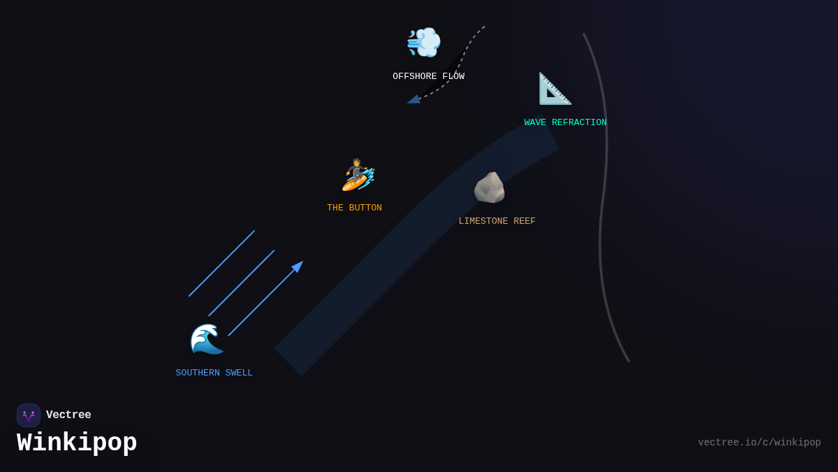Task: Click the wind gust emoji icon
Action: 424,42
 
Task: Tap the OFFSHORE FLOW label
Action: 428,77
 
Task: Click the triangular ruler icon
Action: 554,89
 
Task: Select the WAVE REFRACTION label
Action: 565,123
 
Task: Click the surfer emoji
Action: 358,175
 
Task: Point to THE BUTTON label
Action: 354,208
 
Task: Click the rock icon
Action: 489,187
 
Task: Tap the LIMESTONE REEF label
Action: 497,222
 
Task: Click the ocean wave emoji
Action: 207,339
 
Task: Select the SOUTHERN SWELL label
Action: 214,373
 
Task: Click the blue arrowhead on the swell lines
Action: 297,266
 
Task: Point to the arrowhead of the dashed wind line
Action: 413,100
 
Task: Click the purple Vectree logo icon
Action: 29,415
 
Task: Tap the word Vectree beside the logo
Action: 68,415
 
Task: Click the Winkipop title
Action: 77,443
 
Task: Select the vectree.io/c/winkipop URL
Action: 759,443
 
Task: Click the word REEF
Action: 524,222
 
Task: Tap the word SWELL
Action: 239,373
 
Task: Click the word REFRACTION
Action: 579,123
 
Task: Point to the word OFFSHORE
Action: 415,77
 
